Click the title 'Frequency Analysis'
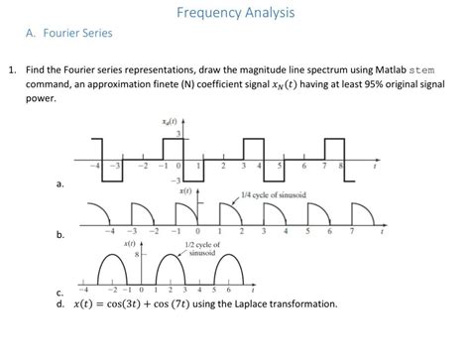coord(234,13)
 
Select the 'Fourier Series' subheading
coord(76,34)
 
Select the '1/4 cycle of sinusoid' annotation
coord(272,193)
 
